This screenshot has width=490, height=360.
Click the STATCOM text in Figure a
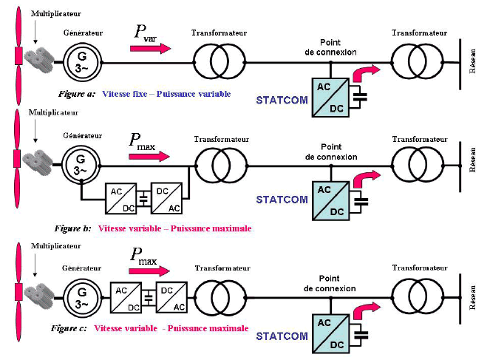point(281,98)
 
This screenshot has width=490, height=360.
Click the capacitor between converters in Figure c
point(149,296)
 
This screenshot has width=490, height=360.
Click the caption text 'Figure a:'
point(77,95)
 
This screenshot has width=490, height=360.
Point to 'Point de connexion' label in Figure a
point(331,47)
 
